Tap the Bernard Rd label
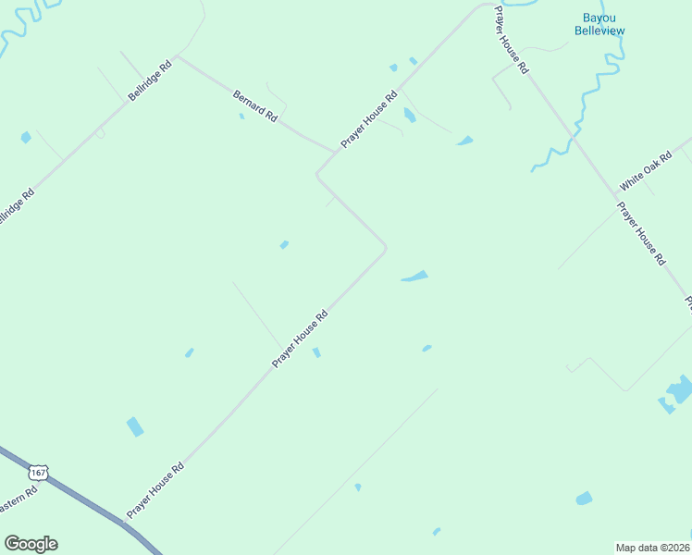[255, 105]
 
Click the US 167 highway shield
[38, 473]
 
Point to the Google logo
[31, 544]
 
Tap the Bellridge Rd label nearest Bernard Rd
[151, 82]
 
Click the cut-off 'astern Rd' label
[18, 502]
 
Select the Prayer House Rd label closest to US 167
[155, 489]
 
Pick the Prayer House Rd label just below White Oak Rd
[641, 234]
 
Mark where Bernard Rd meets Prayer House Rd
[333, 152]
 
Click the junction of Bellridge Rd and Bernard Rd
[179, 57]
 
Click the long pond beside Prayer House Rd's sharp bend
[414, 276]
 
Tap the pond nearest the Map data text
[584, 499]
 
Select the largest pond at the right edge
[680, 388]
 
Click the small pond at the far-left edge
[26, 138]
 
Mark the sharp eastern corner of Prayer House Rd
[385, 247]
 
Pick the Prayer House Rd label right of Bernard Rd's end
[368, 119]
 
